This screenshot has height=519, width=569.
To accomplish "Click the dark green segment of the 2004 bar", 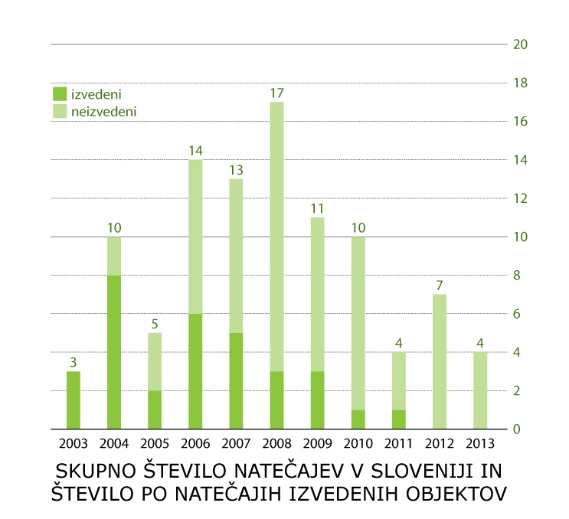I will click(114, 352).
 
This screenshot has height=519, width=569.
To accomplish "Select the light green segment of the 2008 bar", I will click(276, 237).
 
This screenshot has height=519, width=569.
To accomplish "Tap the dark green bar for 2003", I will click(74, 400).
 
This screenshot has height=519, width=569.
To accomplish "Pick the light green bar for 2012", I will click(439, 361).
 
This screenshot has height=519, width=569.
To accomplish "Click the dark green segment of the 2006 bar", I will click(195, 371).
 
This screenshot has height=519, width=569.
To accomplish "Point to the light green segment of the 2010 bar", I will click(358, 323).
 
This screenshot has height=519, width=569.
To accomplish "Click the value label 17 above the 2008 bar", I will click(276, 93).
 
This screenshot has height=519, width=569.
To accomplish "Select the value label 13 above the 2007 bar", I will click(236, 170).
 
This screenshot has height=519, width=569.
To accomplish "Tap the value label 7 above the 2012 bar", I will click(439, 286).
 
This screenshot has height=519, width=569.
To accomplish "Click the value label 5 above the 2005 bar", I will click(155, 324).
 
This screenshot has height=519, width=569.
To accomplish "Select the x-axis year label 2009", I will click(317, 443).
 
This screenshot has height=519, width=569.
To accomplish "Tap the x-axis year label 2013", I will click(479, 443).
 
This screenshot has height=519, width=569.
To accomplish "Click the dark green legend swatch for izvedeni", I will click(60, 94).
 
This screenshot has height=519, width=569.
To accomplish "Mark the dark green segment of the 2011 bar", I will click(398, 419).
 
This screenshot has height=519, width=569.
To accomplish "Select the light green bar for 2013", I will click(479, 390).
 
